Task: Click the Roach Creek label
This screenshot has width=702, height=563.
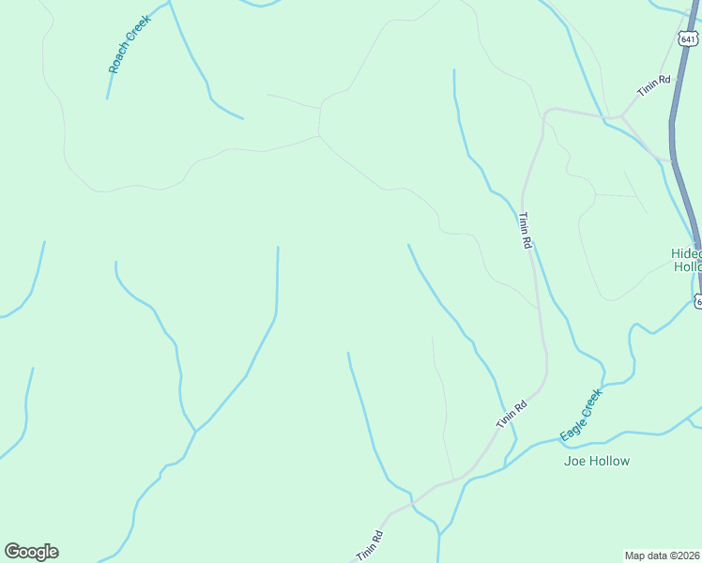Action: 130,43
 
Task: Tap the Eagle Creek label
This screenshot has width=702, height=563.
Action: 580,416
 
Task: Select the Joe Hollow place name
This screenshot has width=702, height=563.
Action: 596,461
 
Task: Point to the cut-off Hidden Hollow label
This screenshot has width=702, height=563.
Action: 686,260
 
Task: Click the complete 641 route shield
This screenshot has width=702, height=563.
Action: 688,38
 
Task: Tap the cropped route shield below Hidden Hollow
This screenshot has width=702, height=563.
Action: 697,300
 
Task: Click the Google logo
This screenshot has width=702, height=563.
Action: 32,552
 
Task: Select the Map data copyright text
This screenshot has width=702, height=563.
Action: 663,555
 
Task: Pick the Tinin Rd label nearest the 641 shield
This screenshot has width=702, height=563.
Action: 654,86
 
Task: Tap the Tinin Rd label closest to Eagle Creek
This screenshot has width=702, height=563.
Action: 511,414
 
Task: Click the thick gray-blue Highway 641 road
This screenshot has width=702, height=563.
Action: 679,141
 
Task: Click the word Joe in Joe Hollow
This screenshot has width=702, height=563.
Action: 573,461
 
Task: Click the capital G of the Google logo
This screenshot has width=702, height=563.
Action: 12,552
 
